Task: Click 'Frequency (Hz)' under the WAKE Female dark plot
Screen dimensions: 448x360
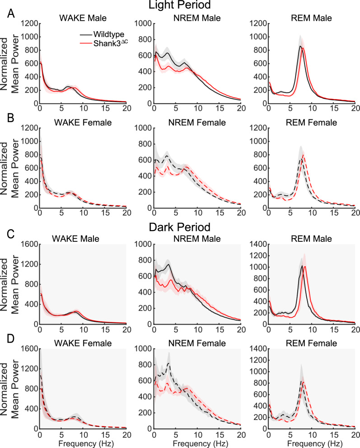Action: [83, 441]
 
